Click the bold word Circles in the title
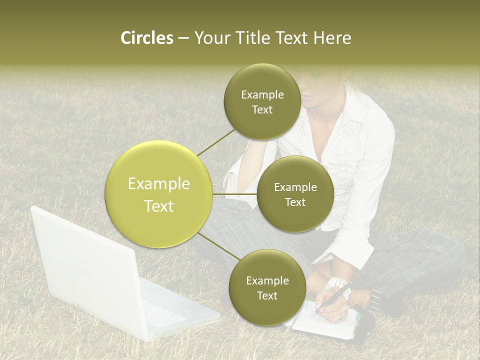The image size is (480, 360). pyautogui.click(x=147, y=38)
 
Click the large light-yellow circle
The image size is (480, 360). pyautogui.click(x=159, y=194)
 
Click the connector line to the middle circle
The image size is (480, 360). pyautogui.click(x=234, y=193)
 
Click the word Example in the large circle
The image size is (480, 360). pyautogui.click(x=159, y=184)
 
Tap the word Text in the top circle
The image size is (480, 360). pyautogui.click(x=262, y=110)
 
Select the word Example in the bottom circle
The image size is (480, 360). pyautogui.click(x=267, y=280)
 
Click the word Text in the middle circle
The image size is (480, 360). pyautogui.click(x=295, y=202)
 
